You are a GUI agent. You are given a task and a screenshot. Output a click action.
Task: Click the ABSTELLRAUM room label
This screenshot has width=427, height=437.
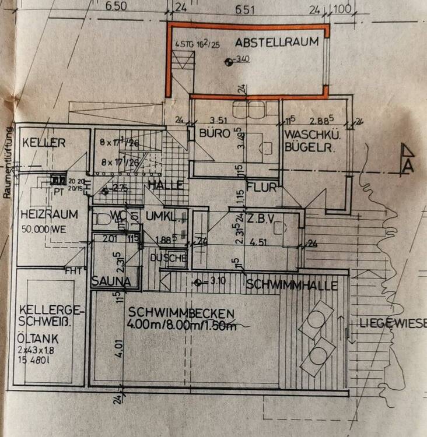(x=277, y=41)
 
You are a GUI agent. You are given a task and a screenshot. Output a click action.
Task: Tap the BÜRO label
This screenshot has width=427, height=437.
(x=211, y=133)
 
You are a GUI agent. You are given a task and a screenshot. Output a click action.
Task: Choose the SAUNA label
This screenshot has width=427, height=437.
(x=110, y=281)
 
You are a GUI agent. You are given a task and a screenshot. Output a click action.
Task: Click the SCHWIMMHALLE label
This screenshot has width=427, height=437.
(x=292, y=286)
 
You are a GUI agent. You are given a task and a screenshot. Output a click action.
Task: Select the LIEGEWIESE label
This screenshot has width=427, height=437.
(x=393, y=323)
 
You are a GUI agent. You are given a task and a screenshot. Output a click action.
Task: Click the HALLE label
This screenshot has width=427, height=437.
(x=166, y=185)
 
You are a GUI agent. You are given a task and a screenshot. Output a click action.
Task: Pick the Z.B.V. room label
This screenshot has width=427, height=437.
(x=262, y=219)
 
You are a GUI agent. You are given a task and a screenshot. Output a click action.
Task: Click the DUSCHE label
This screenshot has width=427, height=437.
(x=169, y=258)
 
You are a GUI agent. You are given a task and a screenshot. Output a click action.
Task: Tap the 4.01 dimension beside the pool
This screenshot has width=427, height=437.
(x=121, y=343)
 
